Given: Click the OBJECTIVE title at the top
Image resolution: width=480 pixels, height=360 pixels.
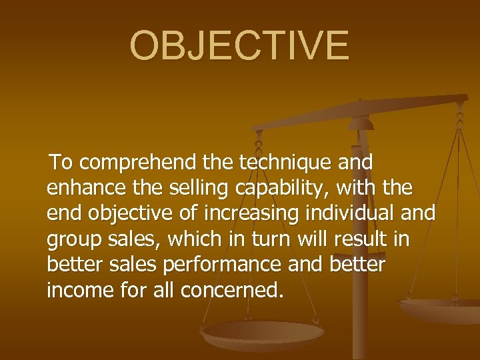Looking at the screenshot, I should [239, 45].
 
